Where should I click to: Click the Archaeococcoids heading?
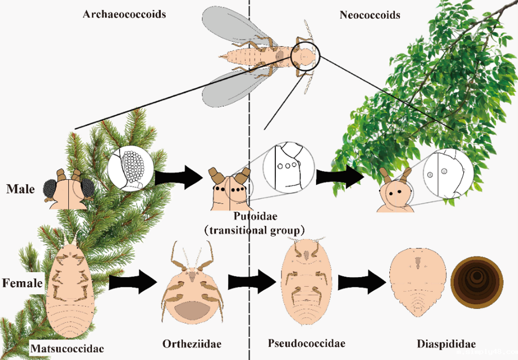pos(124,14)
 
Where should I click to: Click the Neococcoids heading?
pos(370,15)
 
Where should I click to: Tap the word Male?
pos(21,190)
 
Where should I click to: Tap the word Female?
pos(23,283)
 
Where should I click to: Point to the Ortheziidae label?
pos(192,344)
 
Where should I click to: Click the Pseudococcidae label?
pos(306,344)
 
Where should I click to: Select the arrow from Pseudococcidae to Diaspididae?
pos(363,280)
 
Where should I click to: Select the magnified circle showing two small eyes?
pos(448,173)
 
